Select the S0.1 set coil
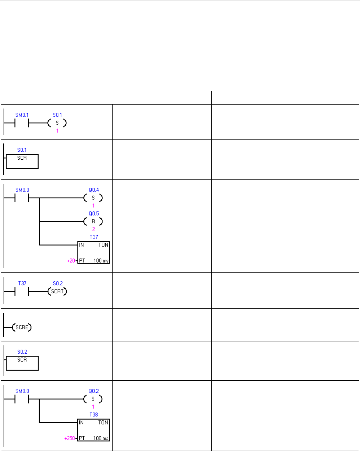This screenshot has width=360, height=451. pyautogui.click(x=57, y=123)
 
